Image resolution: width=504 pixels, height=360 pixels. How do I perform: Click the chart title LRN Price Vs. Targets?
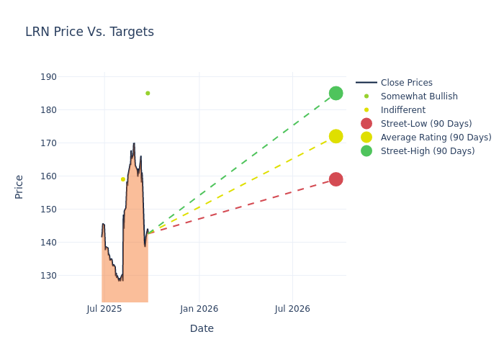pyautogui.click(x=89, y=32)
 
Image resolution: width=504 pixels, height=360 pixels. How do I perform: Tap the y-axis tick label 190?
pyautogui.click(x=68, y=77)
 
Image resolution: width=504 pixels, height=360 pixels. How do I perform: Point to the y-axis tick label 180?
pyautogui.click(x=68, y=110)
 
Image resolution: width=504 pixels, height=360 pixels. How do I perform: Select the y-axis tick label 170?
pyautogui.click(x=68, y=143)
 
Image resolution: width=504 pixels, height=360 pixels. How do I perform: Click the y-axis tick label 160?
pyautogui.click(x=68, y=176)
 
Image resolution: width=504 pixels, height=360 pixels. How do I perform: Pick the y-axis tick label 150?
pyautogui.click(x=68, y=210)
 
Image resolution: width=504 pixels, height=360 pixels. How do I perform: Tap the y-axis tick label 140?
pyautogui.click(x=68, y=243)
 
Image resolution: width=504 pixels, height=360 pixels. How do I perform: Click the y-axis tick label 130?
pyautogui.click(x=68, y=276)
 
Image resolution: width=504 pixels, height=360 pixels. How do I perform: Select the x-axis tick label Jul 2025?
pyautogui.click(x=104, y=309)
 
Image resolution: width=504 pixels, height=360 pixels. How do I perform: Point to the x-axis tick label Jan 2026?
pyautogui.click(x=199, y=309)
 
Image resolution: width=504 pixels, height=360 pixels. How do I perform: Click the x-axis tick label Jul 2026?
pyautogui.click(x=292, y=309)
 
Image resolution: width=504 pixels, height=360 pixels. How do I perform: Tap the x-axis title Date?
pyautogui.click(x=202, y=329)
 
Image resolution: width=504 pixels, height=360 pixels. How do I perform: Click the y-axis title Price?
pyautogui.click(x=19, y=186)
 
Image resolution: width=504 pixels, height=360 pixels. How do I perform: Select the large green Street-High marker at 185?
pyautogui.click(x=336, y=93)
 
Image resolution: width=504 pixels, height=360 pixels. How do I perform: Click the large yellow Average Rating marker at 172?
pyautogui.click(x=336, y=136)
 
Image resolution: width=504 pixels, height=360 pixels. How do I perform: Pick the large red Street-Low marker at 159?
pyautogui.click(x=336, y=179)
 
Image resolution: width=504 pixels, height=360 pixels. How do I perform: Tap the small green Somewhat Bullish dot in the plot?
pyautogui.click(x=148, y=93)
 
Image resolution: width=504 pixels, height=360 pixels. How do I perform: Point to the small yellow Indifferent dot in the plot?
pyautogui.click(x=123, y=179)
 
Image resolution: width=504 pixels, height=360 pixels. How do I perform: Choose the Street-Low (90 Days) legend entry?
pyautogui.click(x=426, y=124)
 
